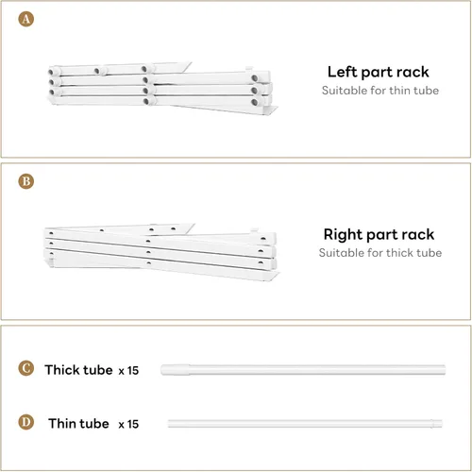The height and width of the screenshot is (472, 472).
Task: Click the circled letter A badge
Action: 26,19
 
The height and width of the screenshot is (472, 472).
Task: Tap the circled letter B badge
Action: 26,181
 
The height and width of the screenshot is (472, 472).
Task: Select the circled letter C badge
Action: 26,368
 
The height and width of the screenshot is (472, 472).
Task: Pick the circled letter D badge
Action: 26,422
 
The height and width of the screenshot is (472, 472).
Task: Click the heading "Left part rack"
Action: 379,73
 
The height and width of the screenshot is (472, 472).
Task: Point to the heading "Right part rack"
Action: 379,235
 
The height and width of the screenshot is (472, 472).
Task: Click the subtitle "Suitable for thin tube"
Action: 380,91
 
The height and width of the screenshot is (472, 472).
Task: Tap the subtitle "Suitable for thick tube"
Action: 380,253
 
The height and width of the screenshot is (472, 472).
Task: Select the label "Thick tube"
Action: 78,370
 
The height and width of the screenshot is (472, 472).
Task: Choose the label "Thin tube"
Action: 78,424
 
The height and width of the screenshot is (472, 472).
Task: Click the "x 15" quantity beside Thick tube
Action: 128,371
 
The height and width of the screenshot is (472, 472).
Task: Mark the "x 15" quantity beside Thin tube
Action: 128,424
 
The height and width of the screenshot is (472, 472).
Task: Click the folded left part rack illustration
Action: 162,89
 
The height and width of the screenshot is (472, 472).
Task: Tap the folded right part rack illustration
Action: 161,252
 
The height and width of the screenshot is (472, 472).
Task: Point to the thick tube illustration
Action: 303,370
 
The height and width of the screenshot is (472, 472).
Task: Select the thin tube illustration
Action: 305,424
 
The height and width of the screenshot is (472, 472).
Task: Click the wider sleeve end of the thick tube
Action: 175,370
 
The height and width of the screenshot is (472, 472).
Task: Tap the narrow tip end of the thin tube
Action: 437,424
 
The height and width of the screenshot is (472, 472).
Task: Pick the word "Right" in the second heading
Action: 344,235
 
